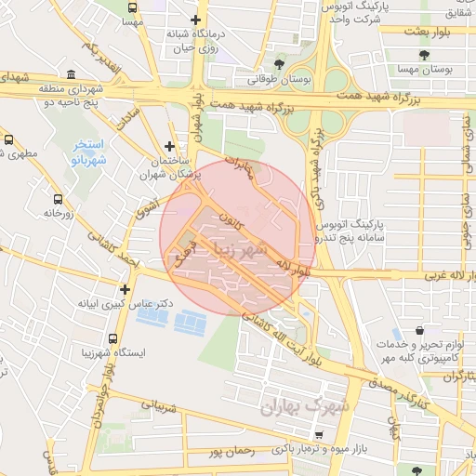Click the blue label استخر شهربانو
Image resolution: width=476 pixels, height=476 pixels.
click(90, 152)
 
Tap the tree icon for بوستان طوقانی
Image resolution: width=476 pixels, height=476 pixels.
click(279, 64)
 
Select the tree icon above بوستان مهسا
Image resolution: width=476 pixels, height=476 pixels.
click(424, 56)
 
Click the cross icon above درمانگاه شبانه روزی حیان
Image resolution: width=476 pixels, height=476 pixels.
click(195, 20)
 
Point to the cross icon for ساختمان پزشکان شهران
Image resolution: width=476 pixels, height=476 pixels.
click(168, 146)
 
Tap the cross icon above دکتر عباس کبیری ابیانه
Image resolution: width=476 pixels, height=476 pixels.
click(125, 288)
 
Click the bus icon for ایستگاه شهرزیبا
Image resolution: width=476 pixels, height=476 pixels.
click(113, 340)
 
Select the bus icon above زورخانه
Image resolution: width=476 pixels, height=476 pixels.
click(59, 199)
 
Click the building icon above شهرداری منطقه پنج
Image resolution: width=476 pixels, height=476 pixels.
click(72, 74)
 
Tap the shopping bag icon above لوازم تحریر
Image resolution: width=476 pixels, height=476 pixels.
click(420, 331)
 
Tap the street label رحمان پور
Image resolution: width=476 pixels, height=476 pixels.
click(231, 452)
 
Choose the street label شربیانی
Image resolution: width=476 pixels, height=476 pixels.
click(158, 405)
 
